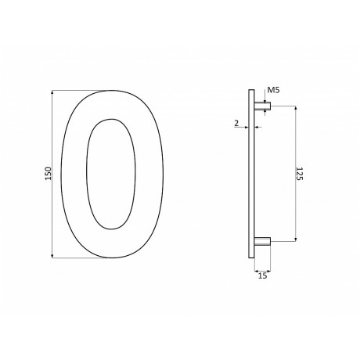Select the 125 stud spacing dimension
point(300,174)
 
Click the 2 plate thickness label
point(236,124)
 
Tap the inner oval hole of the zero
point(110,174)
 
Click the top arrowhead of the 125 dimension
point(295,110)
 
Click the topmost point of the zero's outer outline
point(110,90)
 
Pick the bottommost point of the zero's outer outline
point(110,258)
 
